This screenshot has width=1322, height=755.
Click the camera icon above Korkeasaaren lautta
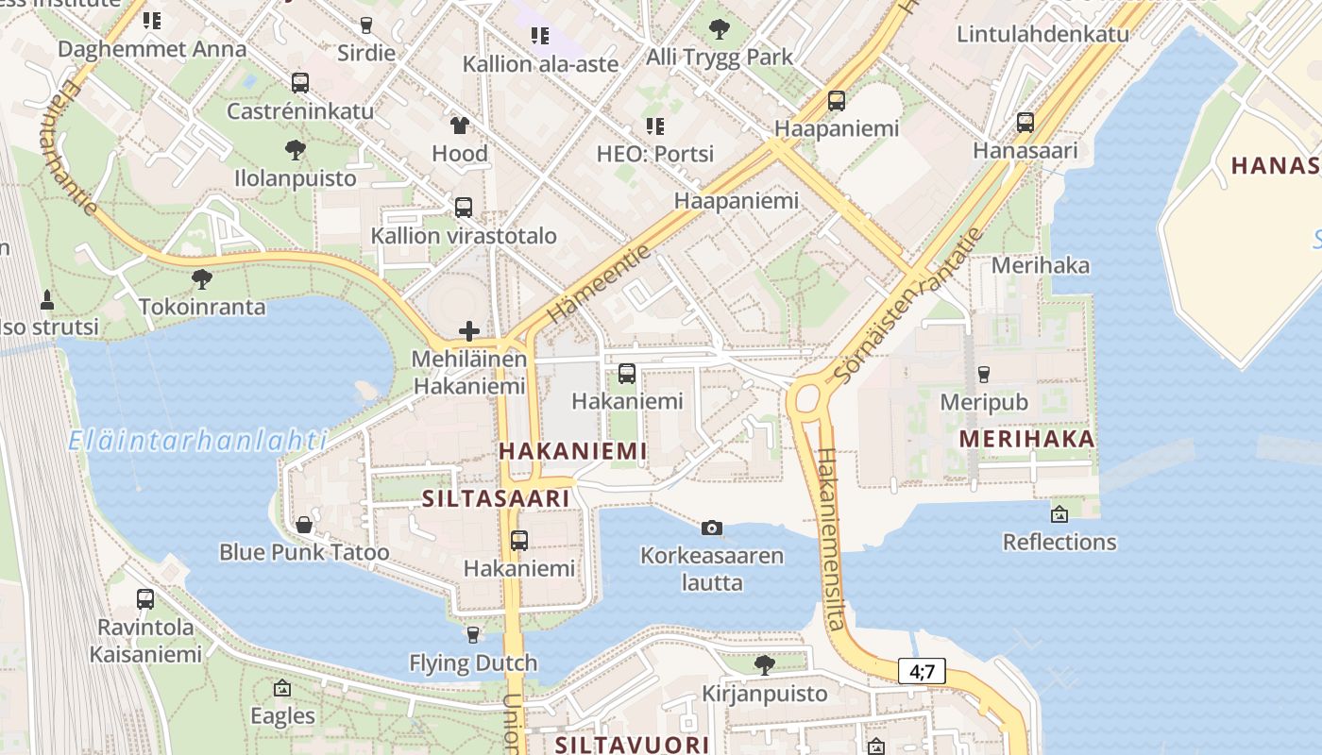pyautogui.click(x=712, y=528)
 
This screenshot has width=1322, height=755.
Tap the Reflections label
pyautogui.click(x=1059, y=543)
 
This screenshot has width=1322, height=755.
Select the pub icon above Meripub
pyautogui.click(x=983, y=374)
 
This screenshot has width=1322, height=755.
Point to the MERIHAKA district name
pyautogui.click(x=1027, y=439)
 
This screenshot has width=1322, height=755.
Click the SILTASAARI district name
pyautogui.click(x=496, y=498)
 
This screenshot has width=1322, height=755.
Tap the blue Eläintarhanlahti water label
pyautogui.click(x=198, y=440)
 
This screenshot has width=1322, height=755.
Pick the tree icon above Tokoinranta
pyautogui.click(x=201, y=278)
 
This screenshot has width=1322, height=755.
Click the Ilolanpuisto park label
pyautogui.click(x=296, y=178)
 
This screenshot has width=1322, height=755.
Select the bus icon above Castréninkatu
pyautogui.click(x=300, y=82)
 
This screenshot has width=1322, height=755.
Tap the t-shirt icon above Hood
pyautogui.click(x=460, y=125)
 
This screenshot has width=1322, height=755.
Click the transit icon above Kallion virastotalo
pyautogui.click(x=463, y=208)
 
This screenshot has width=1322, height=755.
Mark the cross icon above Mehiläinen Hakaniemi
pyautogui.click(x=469, y=330)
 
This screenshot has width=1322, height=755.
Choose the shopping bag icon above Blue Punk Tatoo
pyautogui.click(x=304, y=524)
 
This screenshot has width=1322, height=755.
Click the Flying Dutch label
pyautogui.click(x=473, y=663)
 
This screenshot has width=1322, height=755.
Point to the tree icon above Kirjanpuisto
pyautogui.click(x=765, y=665)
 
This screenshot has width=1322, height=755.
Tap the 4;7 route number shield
pyautogui.click(x=922, y=671)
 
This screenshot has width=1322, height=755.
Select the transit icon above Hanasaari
pyautogui.click(x=1025, y=122)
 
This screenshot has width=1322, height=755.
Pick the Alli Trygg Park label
pyautogui.click(x=720, y=58)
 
